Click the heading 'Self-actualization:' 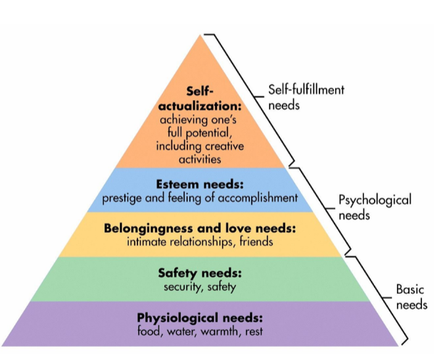[200, 99]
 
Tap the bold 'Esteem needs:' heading [200, 185]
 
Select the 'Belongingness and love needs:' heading [200, 229]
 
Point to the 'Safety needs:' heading [200, 273]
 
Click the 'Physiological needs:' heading [200, 318]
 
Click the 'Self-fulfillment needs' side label [306, 97]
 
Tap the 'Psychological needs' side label [375, 208]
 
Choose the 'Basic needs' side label [411, 297]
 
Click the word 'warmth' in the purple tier [220, 331]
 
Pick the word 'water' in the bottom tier [181, 332]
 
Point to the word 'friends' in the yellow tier [256, 242]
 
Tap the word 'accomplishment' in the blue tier [258, 198]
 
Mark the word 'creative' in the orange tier [224, 146]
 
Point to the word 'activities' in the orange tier [200, 159]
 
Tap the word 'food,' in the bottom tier [150, 331]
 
